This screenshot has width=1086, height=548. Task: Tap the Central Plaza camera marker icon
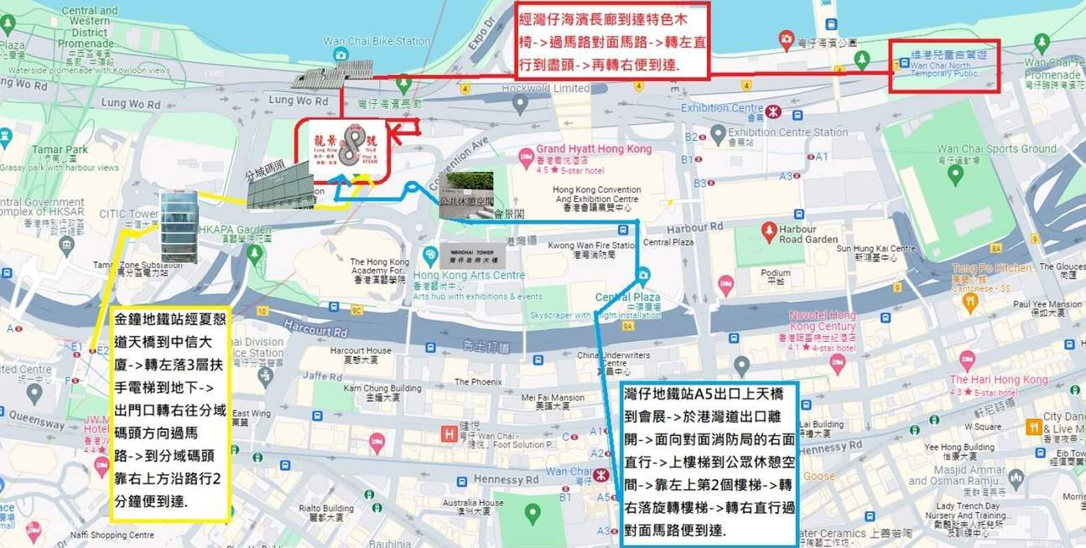[643, 276]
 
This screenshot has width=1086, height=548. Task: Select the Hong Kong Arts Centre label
[469, 276]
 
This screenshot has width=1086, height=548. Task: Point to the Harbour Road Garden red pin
[768, 230]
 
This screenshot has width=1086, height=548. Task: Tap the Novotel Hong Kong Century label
[823, 320]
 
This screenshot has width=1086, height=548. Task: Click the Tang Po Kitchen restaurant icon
[971, 300]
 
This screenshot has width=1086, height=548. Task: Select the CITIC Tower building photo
[178, 225]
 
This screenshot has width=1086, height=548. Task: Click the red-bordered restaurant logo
[351, 151]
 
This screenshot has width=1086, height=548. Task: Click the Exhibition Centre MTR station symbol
[776, 109]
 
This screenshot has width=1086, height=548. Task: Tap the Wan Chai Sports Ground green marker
[954, 174]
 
